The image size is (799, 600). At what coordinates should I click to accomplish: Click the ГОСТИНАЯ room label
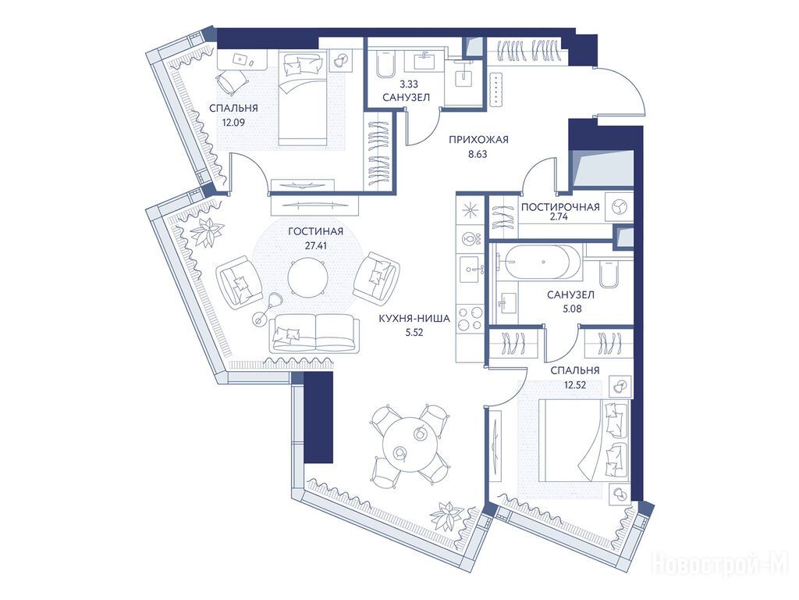tap(315, 231)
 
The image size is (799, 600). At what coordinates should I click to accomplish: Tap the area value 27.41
tap(315, 245)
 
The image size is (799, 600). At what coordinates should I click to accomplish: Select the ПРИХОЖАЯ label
tap(478, 139)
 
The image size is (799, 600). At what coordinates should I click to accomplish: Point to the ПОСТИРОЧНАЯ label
tap(560, 206)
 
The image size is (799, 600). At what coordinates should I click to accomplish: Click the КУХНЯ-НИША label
tap(414, 319)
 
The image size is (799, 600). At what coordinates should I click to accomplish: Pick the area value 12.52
tap(575, 384)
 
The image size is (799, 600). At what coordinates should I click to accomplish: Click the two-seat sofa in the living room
tap(314, 333)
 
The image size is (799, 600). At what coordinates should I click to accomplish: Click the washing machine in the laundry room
tap(618, 206)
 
